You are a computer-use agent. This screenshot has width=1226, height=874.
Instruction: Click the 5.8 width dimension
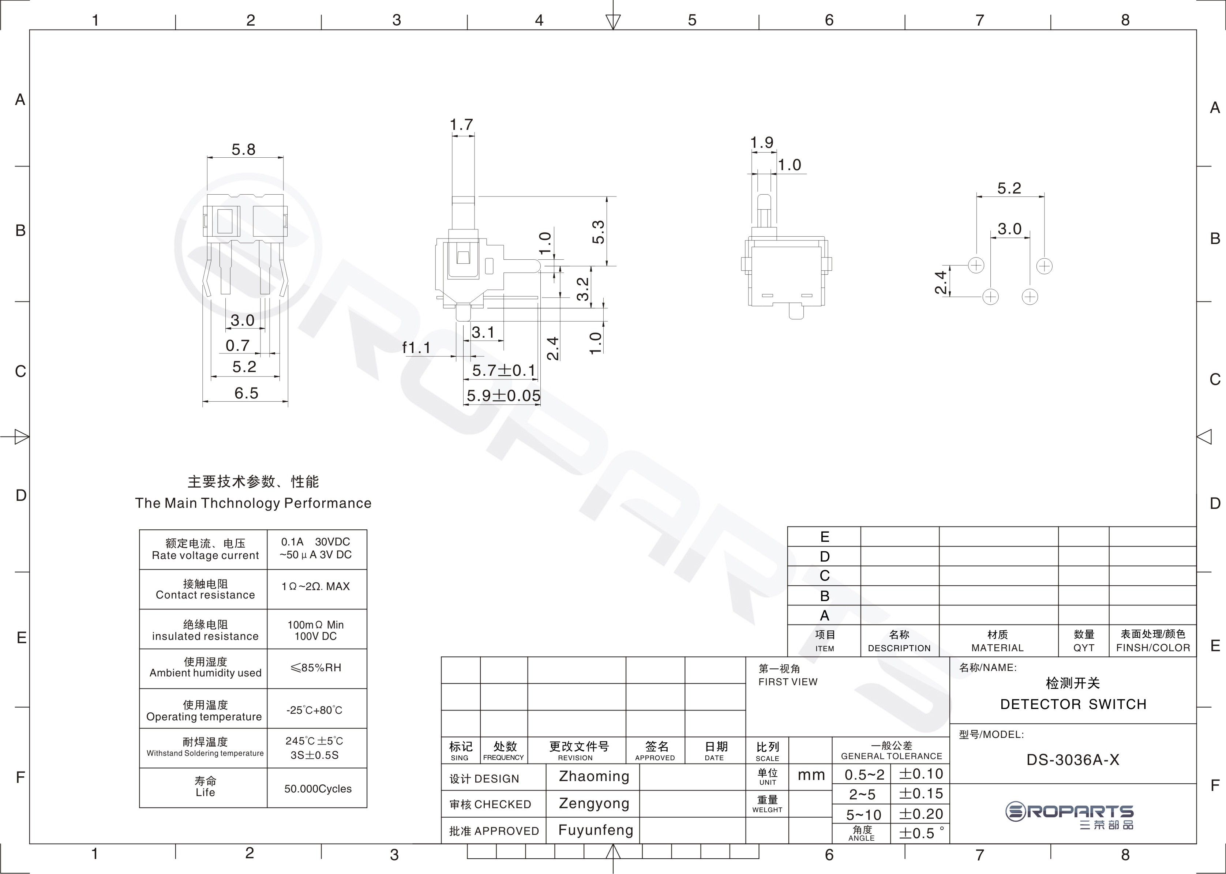(243, 150)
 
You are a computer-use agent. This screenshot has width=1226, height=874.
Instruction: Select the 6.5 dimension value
(246, 393)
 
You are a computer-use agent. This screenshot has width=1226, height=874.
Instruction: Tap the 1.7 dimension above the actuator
(461, 125)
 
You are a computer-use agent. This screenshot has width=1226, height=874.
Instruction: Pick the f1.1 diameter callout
(417, 348)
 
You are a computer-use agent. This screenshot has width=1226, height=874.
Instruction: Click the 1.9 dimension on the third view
(762, 143)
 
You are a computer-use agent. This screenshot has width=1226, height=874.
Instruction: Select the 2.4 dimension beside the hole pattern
(940, 282)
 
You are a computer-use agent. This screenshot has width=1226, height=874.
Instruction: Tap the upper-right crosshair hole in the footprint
(1044, 266)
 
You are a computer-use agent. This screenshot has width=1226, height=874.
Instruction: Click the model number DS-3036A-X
(1073, 760)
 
